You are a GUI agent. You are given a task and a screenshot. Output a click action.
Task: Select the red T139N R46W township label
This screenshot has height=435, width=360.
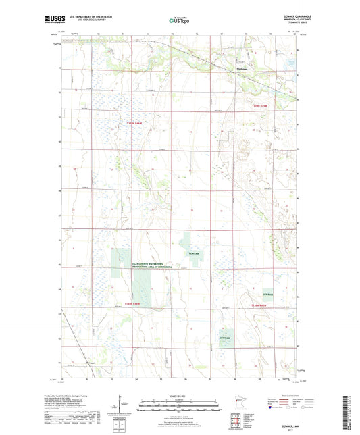coord(137,122)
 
